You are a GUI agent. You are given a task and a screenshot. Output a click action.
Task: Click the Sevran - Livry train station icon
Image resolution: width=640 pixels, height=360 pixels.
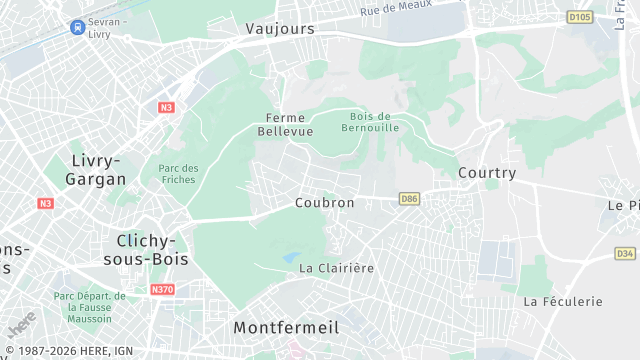click(x=77, y=27)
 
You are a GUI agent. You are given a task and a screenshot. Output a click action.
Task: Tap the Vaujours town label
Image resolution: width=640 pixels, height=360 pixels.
click(x=280, y=29)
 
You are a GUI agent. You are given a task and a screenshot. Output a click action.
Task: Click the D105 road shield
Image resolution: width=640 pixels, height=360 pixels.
click(x=579, y=17)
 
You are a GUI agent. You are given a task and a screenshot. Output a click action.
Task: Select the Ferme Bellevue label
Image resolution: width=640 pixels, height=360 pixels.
click(x=285, y=124)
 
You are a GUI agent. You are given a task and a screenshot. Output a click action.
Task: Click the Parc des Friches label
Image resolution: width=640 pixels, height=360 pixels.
click(x=178, y=174)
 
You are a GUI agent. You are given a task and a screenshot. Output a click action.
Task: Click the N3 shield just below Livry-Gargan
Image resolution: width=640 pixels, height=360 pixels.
click(x=45, y=203)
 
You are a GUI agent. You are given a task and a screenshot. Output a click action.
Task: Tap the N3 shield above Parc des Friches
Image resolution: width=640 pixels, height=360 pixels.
click(x=166, y=107)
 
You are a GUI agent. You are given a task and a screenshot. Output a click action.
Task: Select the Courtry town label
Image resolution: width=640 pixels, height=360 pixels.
click(x=487, y=173)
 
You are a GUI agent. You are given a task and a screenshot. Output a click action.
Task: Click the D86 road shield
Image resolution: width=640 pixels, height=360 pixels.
click(x=408, y=199)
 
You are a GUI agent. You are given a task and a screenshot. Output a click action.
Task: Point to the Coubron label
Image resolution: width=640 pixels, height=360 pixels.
click(x=325, y=202)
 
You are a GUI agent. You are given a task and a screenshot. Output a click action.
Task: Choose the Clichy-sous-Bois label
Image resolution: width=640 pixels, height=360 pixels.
click(x=146, y=249)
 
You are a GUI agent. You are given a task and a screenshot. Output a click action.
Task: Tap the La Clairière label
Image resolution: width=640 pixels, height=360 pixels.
click(x=336, y=268)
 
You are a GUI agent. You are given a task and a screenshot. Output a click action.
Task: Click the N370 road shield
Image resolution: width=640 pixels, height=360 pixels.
click(x=163, y=290)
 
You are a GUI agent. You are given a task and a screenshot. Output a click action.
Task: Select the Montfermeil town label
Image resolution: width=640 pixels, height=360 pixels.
click(x=286, y=327)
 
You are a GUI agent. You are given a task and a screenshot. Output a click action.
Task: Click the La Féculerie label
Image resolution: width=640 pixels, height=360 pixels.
click(x=563, y=301)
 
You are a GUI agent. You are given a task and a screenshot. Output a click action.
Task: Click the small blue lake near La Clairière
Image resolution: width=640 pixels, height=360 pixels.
click(x=292, y=257)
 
